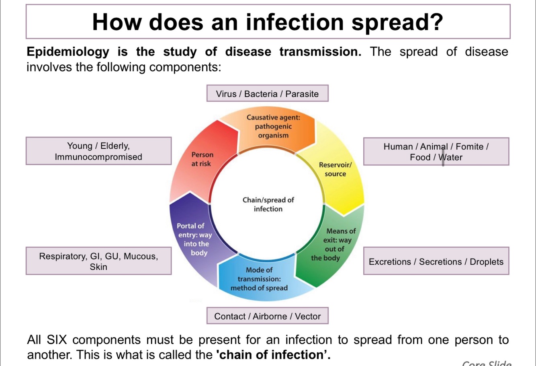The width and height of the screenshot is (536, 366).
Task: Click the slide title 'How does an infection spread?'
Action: click(268, 22)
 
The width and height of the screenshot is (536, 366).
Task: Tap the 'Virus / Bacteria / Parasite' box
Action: click(267, 94)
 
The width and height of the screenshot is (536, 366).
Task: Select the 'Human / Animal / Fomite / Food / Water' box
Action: click(436, 152)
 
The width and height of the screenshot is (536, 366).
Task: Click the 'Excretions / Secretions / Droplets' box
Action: click(436, 261)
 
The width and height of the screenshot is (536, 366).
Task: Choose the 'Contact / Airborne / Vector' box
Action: click(267, 316)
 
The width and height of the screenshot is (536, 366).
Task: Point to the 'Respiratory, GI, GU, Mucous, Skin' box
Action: click(98, 261)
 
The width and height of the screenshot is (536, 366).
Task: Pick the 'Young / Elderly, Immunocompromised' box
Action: click(98, 151)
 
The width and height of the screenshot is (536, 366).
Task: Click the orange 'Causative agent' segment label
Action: click(273, 126)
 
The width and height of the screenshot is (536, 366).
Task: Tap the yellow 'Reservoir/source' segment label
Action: click(335, 169)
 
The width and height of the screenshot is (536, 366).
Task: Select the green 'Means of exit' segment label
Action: click(334, 245)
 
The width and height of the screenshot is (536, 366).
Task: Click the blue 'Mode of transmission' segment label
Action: click(259, 279)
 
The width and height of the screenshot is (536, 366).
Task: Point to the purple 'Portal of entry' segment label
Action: click(194, 239)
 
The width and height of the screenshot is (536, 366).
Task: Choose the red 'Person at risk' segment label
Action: click(202, 159)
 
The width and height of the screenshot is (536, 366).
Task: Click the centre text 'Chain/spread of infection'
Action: click(268, 204)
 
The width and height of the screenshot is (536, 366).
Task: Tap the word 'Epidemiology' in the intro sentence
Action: click(68, 52)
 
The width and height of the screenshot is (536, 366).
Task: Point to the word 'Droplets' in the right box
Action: click(486, 262)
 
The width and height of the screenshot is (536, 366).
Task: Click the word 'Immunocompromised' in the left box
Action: click(98, 157)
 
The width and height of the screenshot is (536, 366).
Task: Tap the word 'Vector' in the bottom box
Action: click(308, 317)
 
